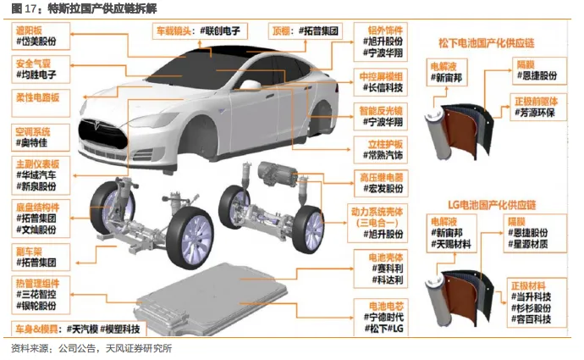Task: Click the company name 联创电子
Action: click(224, 31)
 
